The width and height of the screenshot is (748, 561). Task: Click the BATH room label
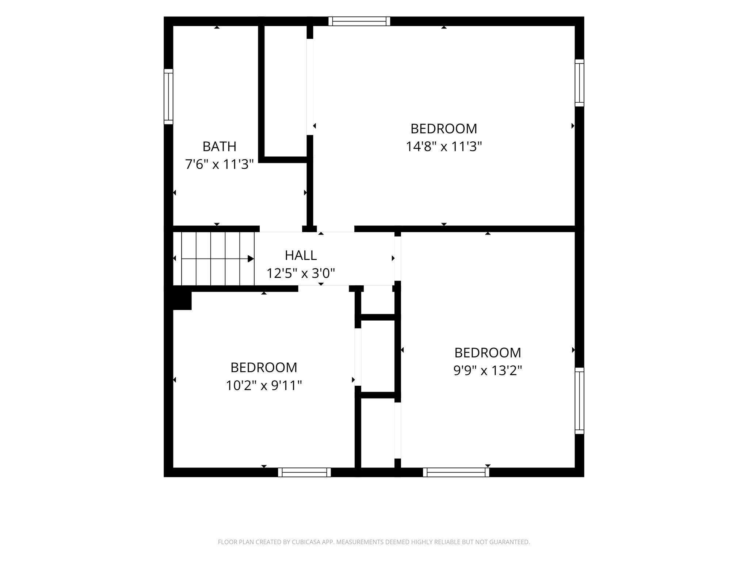(220, 146)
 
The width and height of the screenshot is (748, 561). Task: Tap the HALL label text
(301, 255)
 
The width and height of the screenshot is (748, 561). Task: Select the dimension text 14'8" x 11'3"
(444, 146)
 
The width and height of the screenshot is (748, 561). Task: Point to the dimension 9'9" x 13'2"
(488, 370)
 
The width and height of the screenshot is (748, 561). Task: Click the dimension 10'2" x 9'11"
(264, 385)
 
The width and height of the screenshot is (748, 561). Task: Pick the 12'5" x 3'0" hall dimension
(301, 273)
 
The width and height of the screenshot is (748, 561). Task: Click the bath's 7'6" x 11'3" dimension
(219, 164)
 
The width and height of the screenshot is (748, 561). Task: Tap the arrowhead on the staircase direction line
(251, 259)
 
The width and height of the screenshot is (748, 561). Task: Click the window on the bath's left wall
(168, 96)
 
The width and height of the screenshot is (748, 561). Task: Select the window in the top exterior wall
(359, 21)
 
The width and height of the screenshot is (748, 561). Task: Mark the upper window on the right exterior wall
(580, 83)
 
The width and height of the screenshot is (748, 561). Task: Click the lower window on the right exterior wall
(580, 401)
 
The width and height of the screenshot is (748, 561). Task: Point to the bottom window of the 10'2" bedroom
(305, 472)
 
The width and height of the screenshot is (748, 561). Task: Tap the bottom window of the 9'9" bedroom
(456, 472)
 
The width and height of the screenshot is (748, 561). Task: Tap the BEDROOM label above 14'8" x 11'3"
(444, 129)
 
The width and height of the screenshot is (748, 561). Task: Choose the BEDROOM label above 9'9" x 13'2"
(488, 352)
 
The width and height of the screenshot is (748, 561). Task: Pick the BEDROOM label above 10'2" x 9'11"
(264, 367)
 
